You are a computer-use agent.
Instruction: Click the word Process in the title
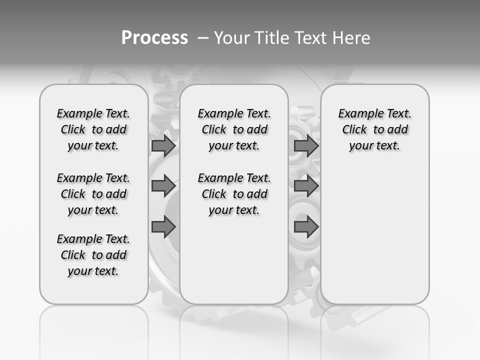[x=154, y=37]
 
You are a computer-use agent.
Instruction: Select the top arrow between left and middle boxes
[x=163, y=145]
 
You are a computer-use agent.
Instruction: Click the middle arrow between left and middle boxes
[x=163, y=186]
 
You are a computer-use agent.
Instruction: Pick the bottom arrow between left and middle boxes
[x=163, y=227]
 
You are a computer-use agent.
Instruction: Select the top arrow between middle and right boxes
[x=306, y=145]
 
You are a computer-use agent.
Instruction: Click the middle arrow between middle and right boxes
[x=306, y=186]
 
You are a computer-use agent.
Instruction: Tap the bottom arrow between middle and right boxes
[x=306, y=227]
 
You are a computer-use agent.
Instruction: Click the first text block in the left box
[x=93, y=129]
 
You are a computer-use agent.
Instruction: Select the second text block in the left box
[x=93, y=194]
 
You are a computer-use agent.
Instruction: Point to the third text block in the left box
[x=93, y=255]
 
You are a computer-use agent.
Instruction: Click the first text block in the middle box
[x=234, y=129]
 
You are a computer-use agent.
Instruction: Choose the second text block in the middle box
[x=234, y=194]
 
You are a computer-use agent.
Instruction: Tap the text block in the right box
[x=375, y=129]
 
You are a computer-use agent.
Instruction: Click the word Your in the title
[x=231, y=38]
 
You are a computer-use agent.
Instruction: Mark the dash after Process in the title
[x=203, y=38]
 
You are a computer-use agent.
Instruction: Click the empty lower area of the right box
[x=375, y=235]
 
